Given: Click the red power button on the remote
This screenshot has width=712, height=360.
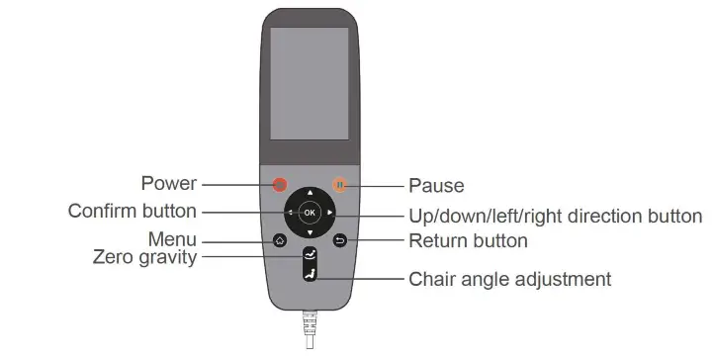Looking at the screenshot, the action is tap(280, 184).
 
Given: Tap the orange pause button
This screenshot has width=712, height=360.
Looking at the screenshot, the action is tap(340, 184).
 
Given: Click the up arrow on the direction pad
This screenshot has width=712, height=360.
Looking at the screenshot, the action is tap(310, 192).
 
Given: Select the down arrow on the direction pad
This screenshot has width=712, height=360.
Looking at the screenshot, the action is tap(310, 232).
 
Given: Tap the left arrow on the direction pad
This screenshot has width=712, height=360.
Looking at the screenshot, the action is tap(290, 212).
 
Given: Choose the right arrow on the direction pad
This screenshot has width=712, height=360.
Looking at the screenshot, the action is tap(329, 212).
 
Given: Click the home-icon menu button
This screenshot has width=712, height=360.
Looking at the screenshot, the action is tap(280, 240).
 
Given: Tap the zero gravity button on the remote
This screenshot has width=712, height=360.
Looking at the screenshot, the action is tap(310, 256).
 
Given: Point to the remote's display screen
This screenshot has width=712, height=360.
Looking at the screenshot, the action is tap(310, 83).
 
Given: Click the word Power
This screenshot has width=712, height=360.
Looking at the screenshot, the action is tap(169, 184).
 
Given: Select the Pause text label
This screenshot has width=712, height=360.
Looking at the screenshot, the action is tap(436, 185).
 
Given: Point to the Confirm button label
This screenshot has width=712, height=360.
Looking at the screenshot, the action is tap(133, 212).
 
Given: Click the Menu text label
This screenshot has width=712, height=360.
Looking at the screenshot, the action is tap(173, 240).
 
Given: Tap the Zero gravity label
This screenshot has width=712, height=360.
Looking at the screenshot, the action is tap(144, 258).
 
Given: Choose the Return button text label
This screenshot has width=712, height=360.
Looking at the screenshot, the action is tap(469, 240).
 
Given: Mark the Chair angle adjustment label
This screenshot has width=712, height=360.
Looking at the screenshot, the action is tap(510, 279).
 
